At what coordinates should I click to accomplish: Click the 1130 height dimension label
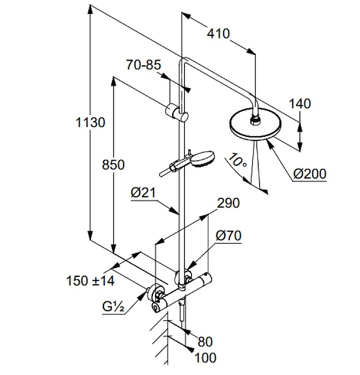coord(90,123)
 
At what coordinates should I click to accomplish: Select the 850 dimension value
coord(113,165)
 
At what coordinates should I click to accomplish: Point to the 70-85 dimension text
coord(143,65)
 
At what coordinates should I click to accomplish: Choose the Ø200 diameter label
coord(309,174)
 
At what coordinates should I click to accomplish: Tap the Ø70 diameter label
coord(228,236)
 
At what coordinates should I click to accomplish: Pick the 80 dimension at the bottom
coord(205,341)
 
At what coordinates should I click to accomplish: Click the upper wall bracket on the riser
coord(178,112)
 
